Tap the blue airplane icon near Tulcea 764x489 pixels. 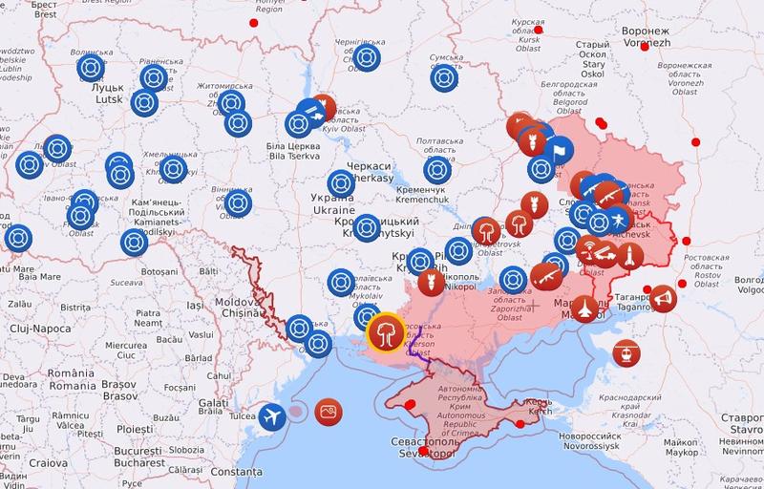point(273,418)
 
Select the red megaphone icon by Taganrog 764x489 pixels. point(662,300)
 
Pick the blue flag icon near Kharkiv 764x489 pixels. point(560,148)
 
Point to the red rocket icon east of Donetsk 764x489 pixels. point(630,255)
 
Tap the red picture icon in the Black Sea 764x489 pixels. point(329,411)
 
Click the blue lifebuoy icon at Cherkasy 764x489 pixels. point(341,181)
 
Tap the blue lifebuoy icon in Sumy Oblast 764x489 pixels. point(441,79)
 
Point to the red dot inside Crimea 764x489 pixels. point(520,422)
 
